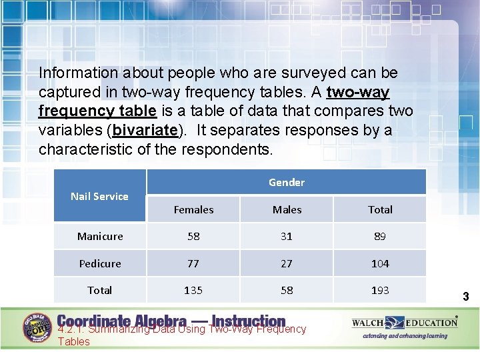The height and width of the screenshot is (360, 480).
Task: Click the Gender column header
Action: (286, 182)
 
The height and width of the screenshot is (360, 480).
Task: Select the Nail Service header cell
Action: (99, 196)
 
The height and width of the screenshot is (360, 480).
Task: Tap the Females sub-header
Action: (193, 209)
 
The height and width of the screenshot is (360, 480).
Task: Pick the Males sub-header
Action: (287, 209)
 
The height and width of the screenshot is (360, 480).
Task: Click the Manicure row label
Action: (100, 236)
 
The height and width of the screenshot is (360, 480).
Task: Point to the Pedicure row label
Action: (100, 263)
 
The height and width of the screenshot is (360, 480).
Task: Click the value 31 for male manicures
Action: (287, 236)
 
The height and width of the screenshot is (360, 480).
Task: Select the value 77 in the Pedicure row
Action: (193, 263)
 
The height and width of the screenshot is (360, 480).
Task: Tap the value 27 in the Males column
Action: (287, 263)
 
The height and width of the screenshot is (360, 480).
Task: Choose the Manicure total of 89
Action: (380, 236)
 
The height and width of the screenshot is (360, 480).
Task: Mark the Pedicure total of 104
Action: (380, 263)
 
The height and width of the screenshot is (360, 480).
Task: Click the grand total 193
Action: (380, 290)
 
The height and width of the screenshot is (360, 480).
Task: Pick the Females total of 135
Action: (193, 290)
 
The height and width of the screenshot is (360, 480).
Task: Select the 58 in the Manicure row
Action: (193, 236)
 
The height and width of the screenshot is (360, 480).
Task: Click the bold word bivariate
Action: (145, 129)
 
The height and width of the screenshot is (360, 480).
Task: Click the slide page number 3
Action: (466, 296)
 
